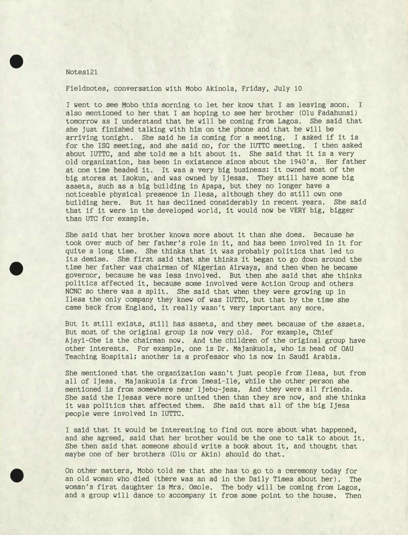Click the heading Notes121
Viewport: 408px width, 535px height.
coord(81,72)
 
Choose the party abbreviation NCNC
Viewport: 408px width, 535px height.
coord(73,292)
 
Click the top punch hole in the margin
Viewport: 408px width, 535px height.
coord(16,61)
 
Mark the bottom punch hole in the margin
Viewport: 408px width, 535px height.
coord(16,475)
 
